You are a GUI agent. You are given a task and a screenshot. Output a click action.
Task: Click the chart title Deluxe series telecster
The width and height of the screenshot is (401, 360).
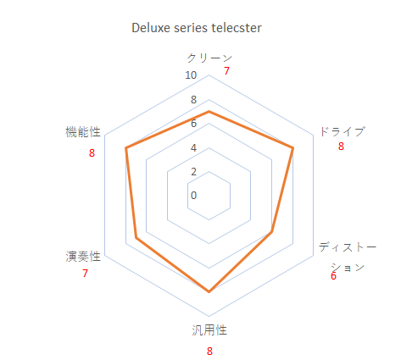[x=197, y=28]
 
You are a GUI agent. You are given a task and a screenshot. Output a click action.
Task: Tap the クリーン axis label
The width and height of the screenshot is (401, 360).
[x=209, y=58]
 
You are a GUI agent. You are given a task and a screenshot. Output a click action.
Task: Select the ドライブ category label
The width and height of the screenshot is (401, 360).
[x=343, y=131]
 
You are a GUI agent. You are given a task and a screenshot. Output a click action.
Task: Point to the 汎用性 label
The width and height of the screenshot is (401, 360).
[x=209, y=330]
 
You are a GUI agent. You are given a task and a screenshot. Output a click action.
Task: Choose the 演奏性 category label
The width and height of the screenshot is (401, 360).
[x=83, y=257]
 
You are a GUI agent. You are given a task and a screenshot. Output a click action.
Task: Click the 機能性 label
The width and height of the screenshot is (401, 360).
[x=83, y=132]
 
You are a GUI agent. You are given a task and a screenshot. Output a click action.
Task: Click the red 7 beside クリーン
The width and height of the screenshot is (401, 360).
[x=226, y=71]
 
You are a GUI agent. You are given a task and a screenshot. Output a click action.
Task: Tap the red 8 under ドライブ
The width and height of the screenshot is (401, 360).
[x=341, y=147]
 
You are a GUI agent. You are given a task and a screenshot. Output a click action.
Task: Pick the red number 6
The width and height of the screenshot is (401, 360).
[x=333, y=276]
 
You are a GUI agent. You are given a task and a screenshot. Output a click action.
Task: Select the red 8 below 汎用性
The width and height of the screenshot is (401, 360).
[x=209, y=352]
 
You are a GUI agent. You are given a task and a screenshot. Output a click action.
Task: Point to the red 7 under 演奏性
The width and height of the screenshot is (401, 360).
[x=85, y=274]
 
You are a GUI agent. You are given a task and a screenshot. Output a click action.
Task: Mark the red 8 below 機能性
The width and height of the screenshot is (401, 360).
[x=92, y=153]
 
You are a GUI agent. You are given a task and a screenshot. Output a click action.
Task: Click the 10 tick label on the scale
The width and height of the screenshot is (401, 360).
[x=191, y=75]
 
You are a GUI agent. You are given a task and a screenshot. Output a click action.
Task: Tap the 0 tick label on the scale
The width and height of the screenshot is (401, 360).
[x=193, y=196]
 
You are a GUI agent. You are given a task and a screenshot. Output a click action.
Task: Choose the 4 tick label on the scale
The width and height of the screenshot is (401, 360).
[x=193, y=147]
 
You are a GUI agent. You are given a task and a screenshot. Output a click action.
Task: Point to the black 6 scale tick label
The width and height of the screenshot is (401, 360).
[x=193, y=124]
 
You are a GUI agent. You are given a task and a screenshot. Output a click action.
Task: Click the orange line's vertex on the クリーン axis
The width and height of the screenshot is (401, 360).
[x=209, y=112]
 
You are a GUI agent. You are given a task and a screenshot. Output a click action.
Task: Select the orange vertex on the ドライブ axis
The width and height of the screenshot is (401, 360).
[x=292, y=147]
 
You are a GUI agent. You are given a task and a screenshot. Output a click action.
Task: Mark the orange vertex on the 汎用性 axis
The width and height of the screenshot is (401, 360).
[x=209, y=291]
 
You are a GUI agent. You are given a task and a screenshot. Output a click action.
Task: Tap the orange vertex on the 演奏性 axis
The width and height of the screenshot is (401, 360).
[x=136, y=238]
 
